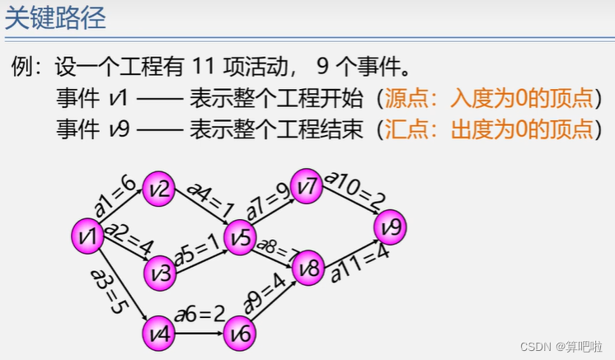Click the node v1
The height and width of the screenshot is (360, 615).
point(87,236)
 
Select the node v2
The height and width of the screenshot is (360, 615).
point(159,190)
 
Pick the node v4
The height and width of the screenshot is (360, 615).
point(159,332)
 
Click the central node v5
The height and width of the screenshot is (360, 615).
point(242,237)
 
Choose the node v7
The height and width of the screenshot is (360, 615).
point(307,188)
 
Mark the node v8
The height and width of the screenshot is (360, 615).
point(308,268)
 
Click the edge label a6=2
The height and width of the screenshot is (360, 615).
point(200,314)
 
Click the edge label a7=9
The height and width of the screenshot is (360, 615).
point(269,203)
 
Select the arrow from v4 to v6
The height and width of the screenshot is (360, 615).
point(200,333)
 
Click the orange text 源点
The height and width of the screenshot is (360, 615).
point(406,98)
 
